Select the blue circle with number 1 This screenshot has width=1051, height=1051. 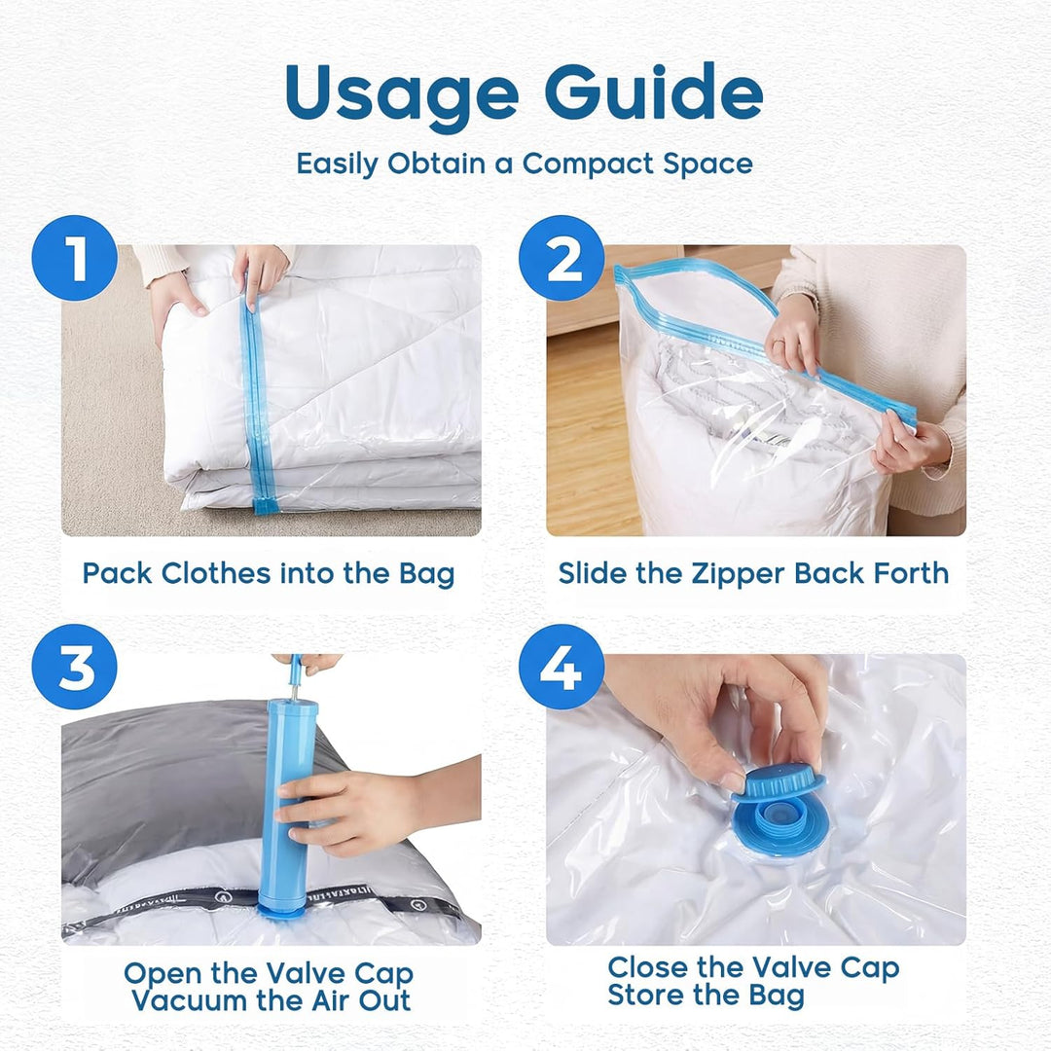(74, 257)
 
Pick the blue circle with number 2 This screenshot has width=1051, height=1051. (562, 257)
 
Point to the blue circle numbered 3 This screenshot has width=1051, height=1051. (74, 667)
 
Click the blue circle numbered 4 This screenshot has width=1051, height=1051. (562, 667)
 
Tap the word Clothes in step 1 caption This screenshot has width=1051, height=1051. (216, 573)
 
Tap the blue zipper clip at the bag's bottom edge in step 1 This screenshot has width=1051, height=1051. (266, 505)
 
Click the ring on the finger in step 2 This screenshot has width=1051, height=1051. (779, 344)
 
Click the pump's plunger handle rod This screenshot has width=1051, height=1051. (295, 677)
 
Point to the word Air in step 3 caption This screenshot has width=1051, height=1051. (333, 1000)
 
